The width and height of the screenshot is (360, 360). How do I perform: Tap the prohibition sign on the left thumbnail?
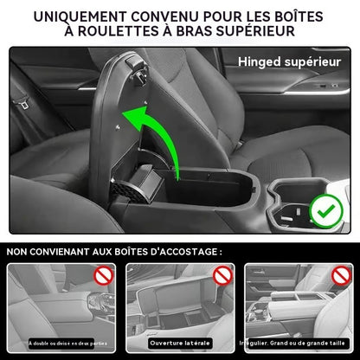coord(103,278)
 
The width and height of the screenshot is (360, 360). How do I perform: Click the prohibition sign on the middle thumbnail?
coord(222,278)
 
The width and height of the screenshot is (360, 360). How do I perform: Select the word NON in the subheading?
coord(21,251)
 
